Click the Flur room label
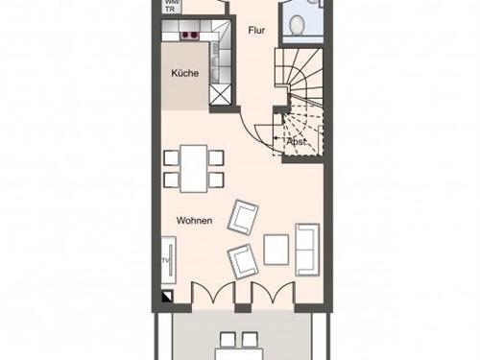(256, 31)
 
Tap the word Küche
(184, 74)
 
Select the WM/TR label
(172, 4)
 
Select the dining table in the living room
(194, 164)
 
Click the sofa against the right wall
(308, 250)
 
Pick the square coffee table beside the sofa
(276, 250)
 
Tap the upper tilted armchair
(244, 216)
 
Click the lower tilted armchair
(241, 259)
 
